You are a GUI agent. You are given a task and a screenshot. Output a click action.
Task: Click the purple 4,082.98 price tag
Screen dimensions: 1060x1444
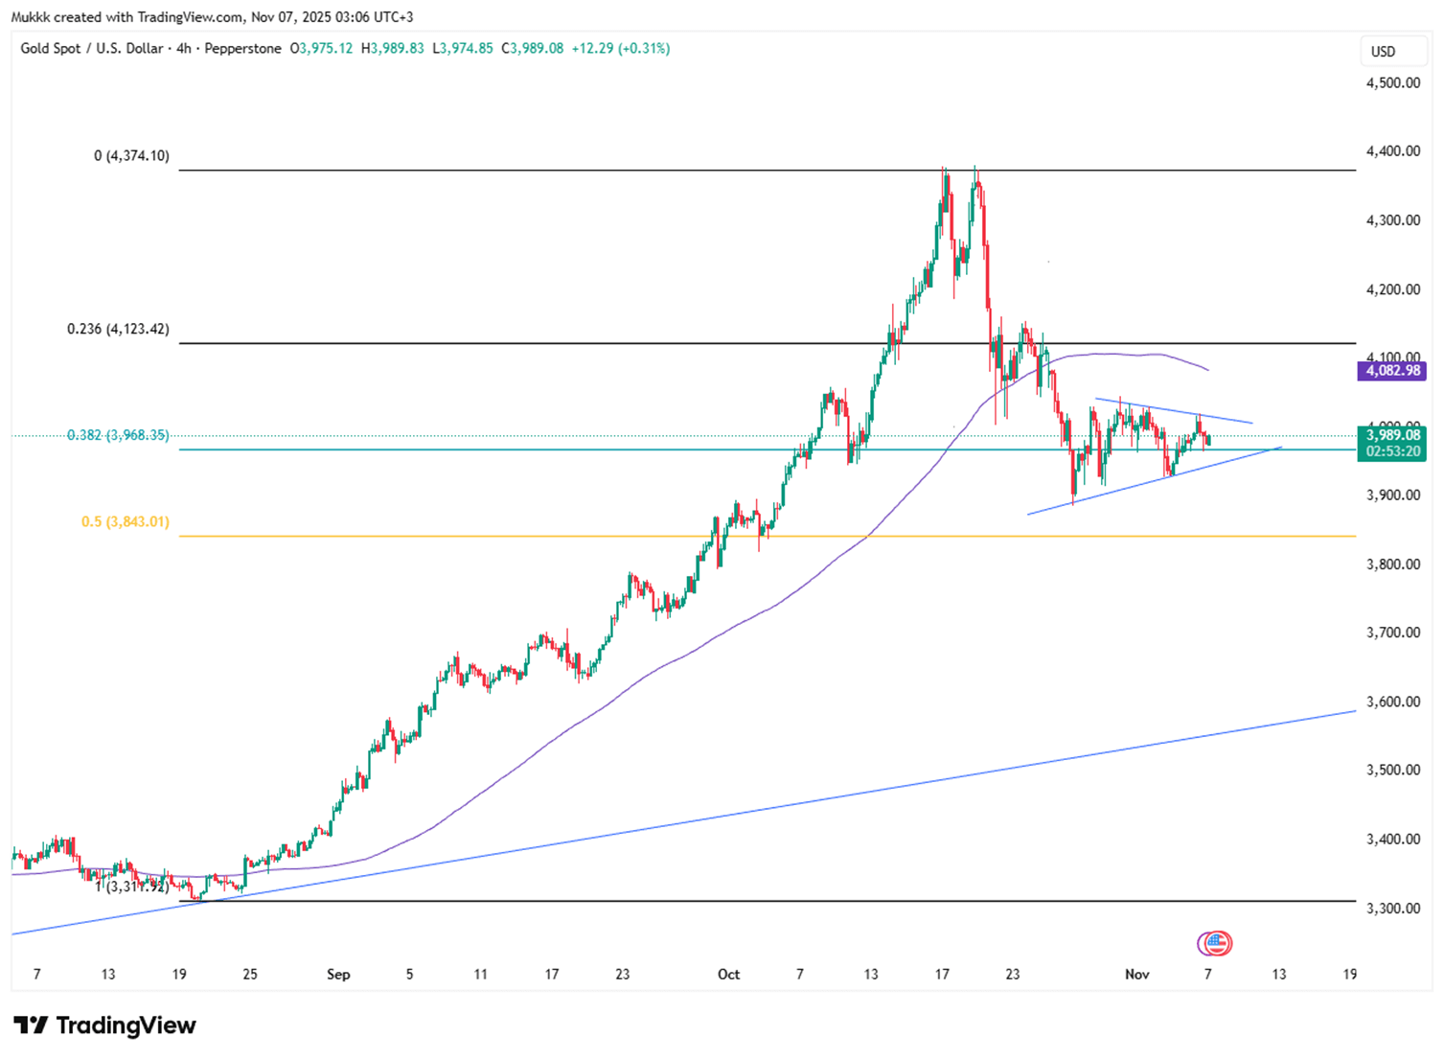(x=1392, y=371)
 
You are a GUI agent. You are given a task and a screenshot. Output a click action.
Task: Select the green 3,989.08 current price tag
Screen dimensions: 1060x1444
(x=1392, y=435)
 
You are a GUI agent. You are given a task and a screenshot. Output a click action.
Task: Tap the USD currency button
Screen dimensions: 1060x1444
(x=1383, y=52)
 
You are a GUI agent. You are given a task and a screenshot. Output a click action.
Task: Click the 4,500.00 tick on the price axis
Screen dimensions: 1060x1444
(x=1392, y=82)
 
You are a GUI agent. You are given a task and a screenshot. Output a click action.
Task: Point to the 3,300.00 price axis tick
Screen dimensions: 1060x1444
(x=1392, y=908)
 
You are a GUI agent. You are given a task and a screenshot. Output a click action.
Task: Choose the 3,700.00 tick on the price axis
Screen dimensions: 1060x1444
(x=1392, y=633)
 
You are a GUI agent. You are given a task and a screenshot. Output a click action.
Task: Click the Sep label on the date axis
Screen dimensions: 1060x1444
(x=338, y=974)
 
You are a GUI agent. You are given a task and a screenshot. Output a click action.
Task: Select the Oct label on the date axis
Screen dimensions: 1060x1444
(x=728, y=974)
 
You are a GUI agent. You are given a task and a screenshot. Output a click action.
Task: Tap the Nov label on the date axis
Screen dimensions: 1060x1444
(x=1136, y=974)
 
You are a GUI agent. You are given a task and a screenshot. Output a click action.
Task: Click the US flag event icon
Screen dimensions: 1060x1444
(x=1216, y=943)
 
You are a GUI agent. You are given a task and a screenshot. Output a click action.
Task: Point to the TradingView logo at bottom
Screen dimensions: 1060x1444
(x=104, y=1025)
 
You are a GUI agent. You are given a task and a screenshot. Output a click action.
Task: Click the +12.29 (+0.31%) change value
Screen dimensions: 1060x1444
(x=620, y=48)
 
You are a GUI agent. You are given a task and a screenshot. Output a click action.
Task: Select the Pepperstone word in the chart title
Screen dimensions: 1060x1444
(x=243, y=48)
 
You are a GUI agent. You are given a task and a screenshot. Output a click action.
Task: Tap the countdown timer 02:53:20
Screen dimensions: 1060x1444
(x=1392, y=451)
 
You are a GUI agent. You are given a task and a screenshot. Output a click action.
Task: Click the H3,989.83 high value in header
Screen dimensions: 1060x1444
(x=392, y=48)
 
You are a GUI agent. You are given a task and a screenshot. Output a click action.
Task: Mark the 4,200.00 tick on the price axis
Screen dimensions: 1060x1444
(x=1392, y=289)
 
